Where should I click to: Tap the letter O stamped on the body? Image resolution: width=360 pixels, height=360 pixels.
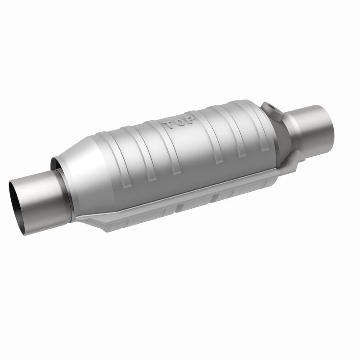tap(179, 122)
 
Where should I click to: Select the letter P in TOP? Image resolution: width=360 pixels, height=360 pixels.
tap(189, 119)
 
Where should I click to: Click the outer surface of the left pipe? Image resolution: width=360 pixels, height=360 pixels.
tap(41, 202)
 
